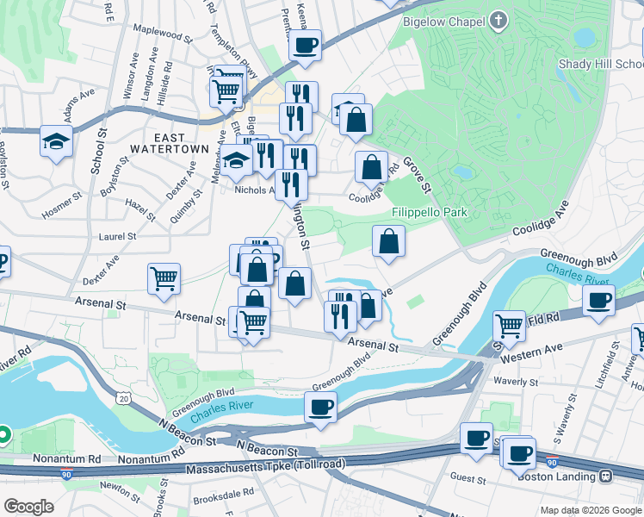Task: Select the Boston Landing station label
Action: (559, 476)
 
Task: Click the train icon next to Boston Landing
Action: (606, 476)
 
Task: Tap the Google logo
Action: (28, 506)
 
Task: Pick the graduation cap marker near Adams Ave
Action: (56, 140)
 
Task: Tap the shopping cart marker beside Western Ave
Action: (510, 326)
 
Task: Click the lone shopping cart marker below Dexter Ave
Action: (164, 277)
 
